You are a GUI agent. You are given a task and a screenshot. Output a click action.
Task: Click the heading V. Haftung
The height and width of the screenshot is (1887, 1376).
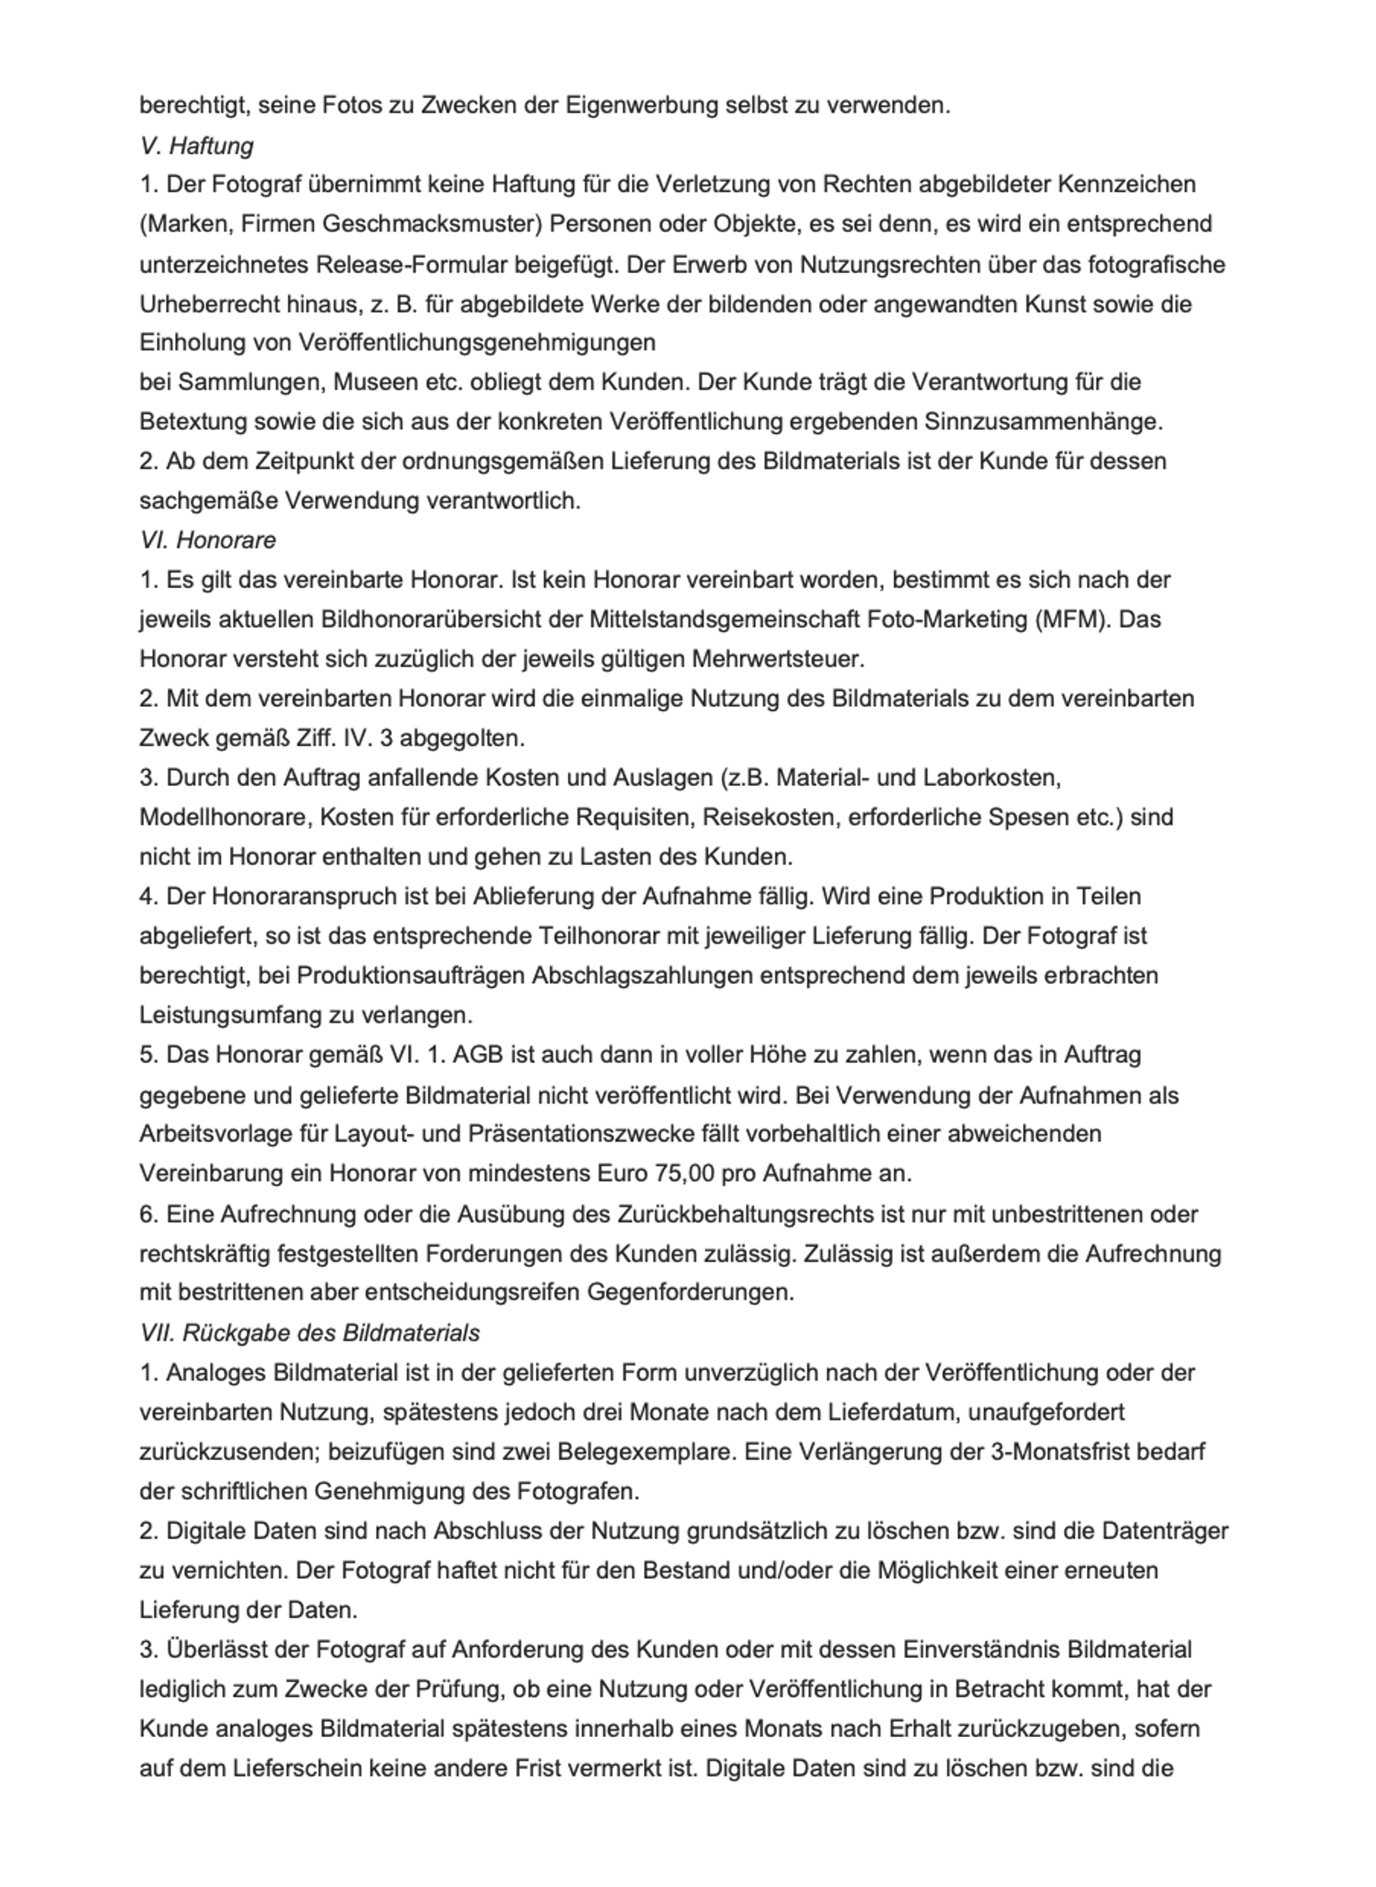click(x=196, y=146)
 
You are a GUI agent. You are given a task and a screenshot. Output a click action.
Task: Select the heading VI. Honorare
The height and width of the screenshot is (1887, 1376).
click(x=208, y=540)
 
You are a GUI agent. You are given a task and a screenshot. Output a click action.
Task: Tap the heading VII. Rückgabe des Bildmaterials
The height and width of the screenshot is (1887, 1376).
click(x=310, y=1333)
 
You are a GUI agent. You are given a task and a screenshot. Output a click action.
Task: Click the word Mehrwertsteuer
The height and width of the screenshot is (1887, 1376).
click(x=778, y=659)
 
